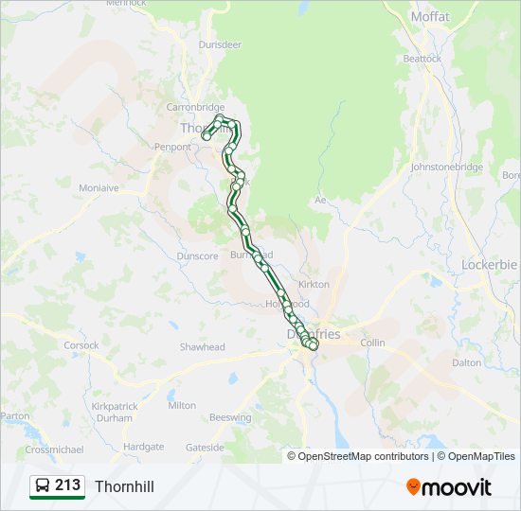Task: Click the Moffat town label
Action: (429, 16)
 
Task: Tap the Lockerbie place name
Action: (489, 264)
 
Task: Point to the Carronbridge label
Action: (195, 107)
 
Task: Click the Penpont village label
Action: (172, 148)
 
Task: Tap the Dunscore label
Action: (197, 255)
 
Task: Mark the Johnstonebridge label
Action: (447, 167)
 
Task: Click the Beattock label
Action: (422, 58)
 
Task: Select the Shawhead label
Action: (203, 347)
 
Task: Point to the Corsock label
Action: (81, 345)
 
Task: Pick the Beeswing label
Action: (231, 417)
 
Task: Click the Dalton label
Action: (466, 362)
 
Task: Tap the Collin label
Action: (372, 343)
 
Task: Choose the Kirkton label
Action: (314, 284)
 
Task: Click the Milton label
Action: (182, 405)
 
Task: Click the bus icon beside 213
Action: (43, 486)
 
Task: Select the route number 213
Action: (68, 485)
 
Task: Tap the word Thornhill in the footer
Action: (124, 486)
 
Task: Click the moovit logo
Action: (449, 487)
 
